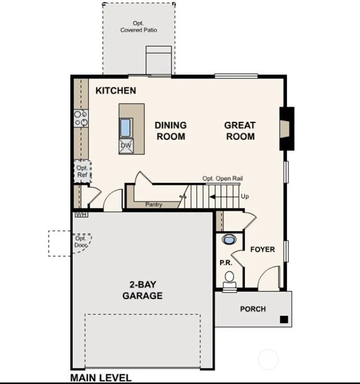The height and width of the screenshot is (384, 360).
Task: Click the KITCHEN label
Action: [x=116, y=91]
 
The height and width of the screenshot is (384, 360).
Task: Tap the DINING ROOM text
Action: [x=171, y=131]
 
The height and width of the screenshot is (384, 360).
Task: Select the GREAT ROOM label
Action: [x=240, y=131]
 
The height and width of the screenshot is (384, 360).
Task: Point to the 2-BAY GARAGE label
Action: [x=143, y=290]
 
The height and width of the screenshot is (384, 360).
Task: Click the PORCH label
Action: [x=253, y=309]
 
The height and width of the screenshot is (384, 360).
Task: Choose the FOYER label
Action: [x=262, y=249]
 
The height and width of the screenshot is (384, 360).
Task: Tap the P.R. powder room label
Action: [x=225, y=263]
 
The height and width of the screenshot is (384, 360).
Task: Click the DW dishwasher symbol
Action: [x=126, y=146]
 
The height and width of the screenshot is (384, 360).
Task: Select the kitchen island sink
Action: [x=126, y=127]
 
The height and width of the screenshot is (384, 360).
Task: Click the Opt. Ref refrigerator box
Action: [x=82, y=172]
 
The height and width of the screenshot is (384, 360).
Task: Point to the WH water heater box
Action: [x=80, y=214]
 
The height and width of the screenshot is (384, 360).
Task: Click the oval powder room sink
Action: [x=228, y=239]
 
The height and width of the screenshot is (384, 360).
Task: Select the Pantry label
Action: [x=154, y=205]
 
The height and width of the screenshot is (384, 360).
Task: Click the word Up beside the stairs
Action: [x=245, y=197]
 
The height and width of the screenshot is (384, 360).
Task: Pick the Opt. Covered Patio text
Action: [x=139, y=27]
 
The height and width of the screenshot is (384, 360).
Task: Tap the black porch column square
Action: [x=284, y=319]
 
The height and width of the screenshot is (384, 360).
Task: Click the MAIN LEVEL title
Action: [x=101, y=378]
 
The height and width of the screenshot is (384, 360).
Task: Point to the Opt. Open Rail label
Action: [x=223, y=179]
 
